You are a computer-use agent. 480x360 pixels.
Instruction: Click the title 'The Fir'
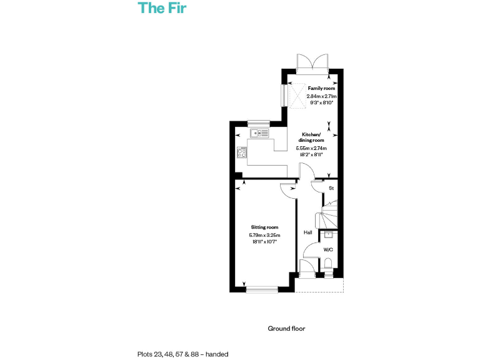(x=162, y=8)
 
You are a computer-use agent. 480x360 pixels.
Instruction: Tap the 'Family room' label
(x=321, y=89)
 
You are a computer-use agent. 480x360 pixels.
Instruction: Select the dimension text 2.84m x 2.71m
(x=321, y=97)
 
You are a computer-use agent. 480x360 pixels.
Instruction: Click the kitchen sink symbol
(x=259, y=133)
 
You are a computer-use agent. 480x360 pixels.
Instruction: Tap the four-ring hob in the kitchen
(x=241, y=152)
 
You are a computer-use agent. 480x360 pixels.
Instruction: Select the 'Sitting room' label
(x=265, y=227)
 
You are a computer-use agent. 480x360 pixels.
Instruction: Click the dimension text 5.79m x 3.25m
(x=265, y=235)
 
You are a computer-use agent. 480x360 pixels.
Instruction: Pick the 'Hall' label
(x=307, y=232)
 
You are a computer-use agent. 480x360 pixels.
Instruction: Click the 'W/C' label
(x=328, y=249)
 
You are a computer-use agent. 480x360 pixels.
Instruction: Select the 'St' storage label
(x=331, y=188)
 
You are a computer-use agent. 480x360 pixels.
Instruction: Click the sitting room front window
(x=262, y=289)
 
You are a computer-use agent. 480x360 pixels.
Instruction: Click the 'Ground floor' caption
(x=286, y=328)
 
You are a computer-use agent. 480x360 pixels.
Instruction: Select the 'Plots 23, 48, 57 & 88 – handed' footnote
(x=182, y=354)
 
